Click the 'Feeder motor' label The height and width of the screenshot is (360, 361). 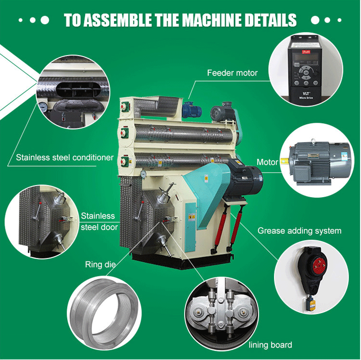click(232, 73)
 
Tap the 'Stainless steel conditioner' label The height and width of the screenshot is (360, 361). click(65, 158)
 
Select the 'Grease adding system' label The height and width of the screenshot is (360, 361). click(299, 231)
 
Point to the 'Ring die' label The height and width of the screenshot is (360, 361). click(100, 264)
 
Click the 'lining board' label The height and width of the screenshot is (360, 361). click(271, 345)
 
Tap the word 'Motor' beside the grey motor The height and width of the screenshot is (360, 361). click(268, 162)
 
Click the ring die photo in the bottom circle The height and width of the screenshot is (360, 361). click(105, 314)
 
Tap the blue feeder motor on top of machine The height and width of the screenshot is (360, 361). click(191, 110)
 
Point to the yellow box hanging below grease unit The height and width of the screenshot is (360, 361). click(312, 304)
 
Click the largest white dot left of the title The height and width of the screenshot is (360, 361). click(45, 20)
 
